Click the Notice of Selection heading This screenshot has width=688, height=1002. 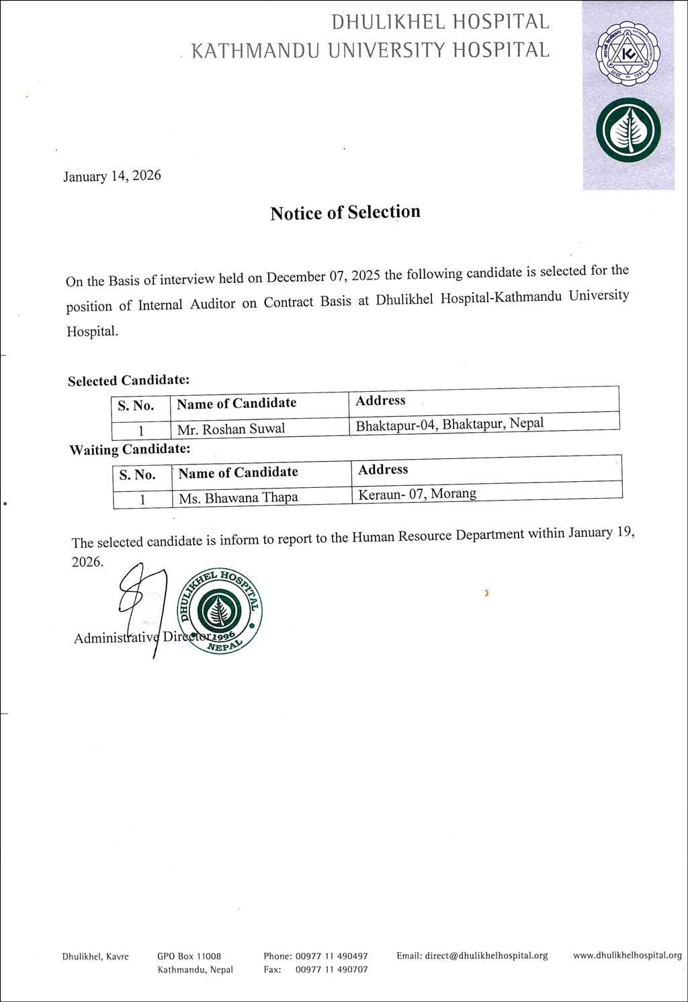tap(345, 212)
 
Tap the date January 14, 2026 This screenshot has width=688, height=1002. tap(112, 176)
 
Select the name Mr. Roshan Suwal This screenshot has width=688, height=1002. tap(231, 429)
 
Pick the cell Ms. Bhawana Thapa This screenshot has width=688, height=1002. tap(239, 498)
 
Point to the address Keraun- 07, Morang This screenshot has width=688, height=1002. tap(417, 494)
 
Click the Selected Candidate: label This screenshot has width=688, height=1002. tap(128, 380)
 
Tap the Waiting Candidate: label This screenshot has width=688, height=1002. tap(130, 450)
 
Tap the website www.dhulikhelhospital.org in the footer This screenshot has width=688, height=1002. tap(627, 955)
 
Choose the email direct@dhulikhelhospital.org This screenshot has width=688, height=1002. tap(472, 956)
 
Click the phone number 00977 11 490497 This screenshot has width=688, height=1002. tap(331, 956)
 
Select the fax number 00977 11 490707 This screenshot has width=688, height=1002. tap(331, 970)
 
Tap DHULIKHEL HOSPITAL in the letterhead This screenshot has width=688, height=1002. tap(440, 22)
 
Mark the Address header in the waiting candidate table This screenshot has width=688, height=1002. tap(383, 470)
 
